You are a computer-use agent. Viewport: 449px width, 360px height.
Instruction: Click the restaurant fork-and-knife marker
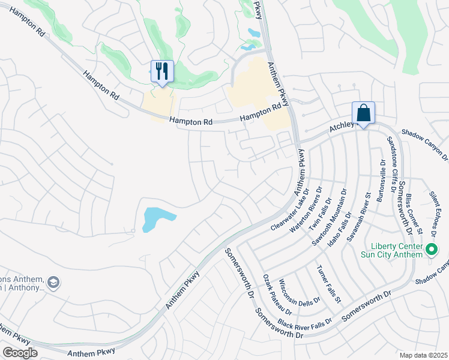(161, 72)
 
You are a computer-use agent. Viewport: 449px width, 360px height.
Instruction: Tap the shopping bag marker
(363, 113)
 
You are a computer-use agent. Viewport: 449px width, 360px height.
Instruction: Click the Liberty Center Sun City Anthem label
(398, 250)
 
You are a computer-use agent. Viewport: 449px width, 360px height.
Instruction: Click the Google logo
(20, 353)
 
